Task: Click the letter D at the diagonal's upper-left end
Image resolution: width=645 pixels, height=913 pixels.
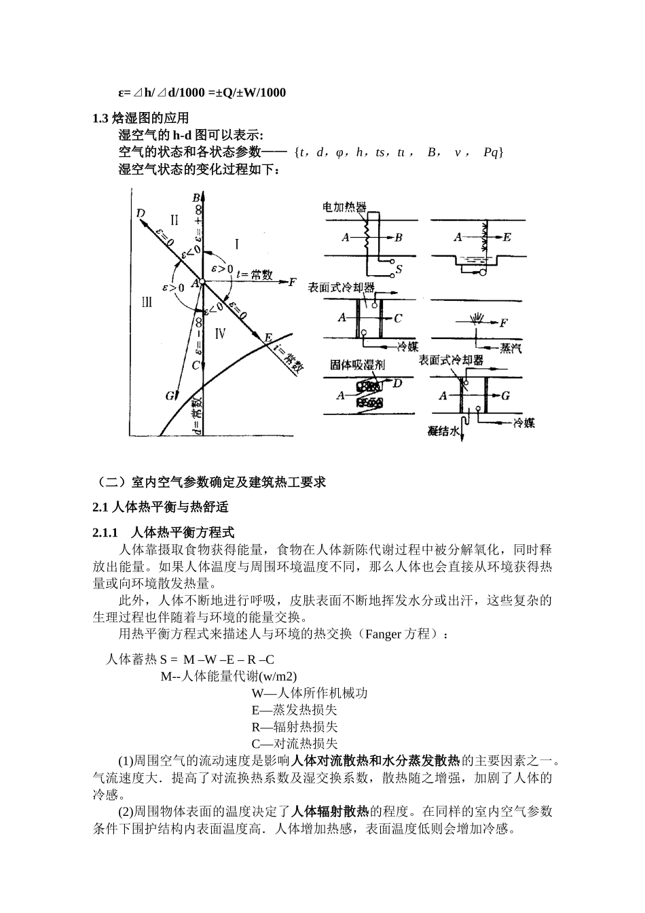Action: tap(141, 213)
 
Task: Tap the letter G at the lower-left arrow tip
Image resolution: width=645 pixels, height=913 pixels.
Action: tap(169, 395)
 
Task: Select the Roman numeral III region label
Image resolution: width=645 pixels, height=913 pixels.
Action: tap(147, 302)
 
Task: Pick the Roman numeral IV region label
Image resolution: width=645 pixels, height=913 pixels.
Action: tap(219, 333)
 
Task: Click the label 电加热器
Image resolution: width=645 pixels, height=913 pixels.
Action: tap(344, 207)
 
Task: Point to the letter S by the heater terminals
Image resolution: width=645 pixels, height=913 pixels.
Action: tap(399, 269)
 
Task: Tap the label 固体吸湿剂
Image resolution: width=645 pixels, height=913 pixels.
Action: tap(357, 365)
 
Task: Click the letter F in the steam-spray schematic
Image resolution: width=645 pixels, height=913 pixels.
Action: tap(503, 323)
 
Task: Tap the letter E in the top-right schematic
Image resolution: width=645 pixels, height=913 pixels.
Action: tap(507, 237)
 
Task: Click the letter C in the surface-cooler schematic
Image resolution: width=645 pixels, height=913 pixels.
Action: tap(399, 317)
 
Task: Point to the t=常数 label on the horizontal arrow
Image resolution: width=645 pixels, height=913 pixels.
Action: tap(255, 275)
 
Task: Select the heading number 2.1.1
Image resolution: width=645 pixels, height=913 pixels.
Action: tap(106, 532)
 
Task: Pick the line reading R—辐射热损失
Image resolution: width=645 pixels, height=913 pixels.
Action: tap(294, 727)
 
